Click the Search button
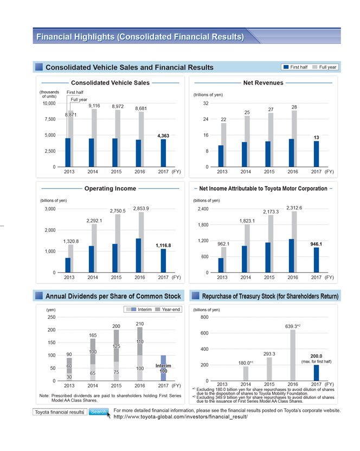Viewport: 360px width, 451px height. [x=98, y=413]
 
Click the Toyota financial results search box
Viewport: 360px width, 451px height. [x=59, y=413]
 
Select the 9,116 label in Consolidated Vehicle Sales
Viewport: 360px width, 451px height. [x=94, y=106]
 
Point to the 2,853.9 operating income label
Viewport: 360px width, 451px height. [x=140, y=208]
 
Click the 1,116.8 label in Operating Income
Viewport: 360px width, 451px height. [x=163, y=246]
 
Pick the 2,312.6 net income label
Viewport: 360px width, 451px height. [x=294, y=208]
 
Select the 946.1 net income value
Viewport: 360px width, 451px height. [x=316, y=244]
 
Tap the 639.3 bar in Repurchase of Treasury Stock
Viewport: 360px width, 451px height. [x=293, y=355]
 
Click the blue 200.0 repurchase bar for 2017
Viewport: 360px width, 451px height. [x=317, y=373]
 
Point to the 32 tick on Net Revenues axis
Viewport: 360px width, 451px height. [x=205, y=104]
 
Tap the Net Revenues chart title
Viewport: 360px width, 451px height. [x=263, y=83]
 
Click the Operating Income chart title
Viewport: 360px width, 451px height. [x=110, y=189]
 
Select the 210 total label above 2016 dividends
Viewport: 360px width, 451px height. [x=140, y=324]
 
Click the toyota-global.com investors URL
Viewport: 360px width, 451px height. [x=180, y=417]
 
